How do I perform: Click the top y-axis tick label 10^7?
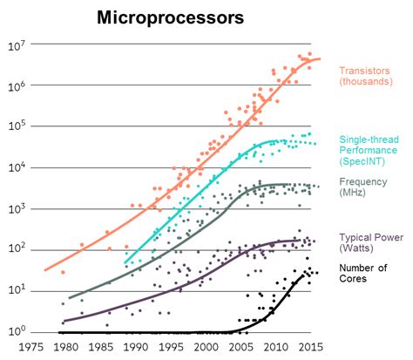[18, 44]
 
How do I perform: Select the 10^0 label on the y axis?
[18, 332]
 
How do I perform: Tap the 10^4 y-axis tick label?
[18, 167]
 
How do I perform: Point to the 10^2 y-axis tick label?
[18, 250]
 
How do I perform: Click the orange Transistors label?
[364, 69]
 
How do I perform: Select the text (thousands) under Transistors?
[366, 82]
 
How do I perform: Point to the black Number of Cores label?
[364, 273]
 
